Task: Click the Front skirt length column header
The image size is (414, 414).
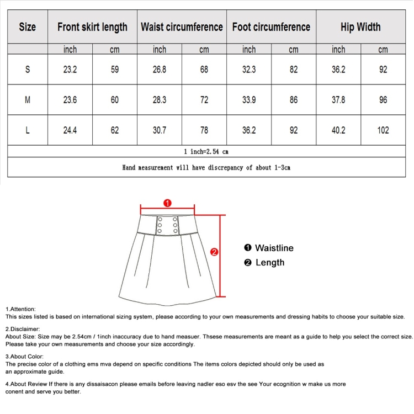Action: pyautogui.click(x=92, y=27)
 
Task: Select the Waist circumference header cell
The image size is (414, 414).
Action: pyautogui.click(x=182, y=27)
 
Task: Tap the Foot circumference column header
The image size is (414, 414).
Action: pyautogui.click(x=271, y=27)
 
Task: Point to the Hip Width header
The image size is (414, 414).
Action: pyautogui.click(x=360, y=27)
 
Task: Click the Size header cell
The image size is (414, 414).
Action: pyautogui.click(x=28, y=27)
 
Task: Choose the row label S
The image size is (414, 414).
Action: pyautogui.click(x=28, y=70)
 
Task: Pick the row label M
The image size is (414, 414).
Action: pyautogui.click(x=28, y=100)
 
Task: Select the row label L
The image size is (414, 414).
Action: pyautogui.click(x=28, y=130)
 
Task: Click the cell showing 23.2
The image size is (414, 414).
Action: pyautogui.click(x=70, y=70)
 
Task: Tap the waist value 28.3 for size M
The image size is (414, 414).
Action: pyautogui.click(x=159, y=100)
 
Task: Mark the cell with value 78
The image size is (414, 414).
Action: pyautogui.click(x=204, y=130)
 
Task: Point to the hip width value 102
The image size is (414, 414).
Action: pyautogui.click(x=383, y=130)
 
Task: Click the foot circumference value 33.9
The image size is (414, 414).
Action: pyautogui.click(x=249, y=100)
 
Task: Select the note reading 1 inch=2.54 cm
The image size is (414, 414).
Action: pyautogui.click(x=206, y=151)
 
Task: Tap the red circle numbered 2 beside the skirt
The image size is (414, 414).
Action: pyautogui.click(x=215, y=252)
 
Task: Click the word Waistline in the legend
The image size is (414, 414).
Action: pyautogui.click(x=274, y=248)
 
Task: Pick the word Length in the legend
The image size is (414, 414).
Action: pyautogui.click(x=270, y=262)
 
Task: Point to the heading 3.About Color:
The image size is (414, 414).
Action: pyautogui.click(x=24, y=357)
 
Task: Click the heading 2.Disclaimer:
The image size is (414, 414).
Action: pyautogui.click(x=23, y=329)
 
